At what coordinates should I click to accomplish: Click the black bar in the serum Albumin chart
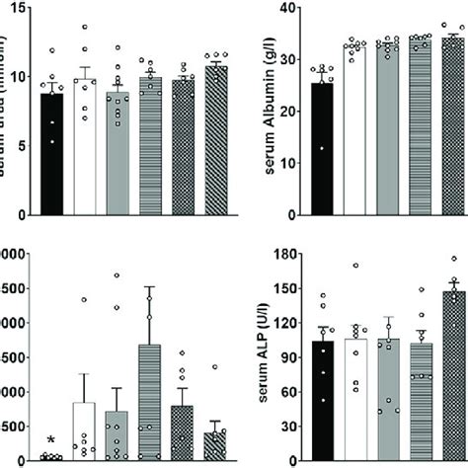tap(321, 148)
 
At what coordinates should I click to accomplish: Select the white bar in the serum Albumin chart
tap(352, 128)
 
